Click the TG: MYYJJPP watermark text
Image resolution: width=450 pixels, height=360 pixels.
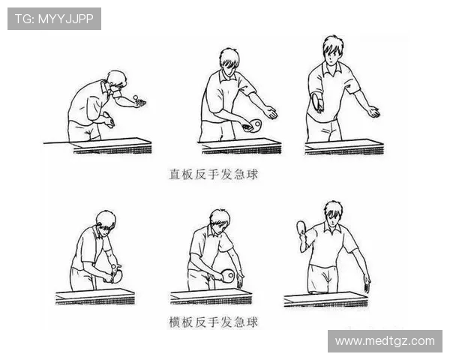pyautogui.click(x=54, y=19)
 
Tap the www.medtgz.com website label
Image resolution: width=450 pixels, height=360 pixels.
pyautogui.click(x=385, y=341)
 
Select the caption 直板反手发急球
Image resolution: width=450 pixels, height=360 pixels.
pyautogui.click(x=214, y=174)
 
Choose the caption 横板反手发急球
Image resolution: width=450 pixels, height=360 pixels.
pyautogui.click(x=214, y=322)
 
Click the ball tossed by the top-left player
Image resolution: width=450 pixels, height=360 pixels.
pyautogui.click(x=136, y=97)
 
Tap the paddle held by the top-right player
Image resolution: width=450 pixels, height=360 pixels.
pyautogui.click(x=317, y=103)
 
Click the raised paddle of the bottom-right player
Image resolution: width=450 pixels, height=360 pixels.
pyautogui.click(x=301, y=227)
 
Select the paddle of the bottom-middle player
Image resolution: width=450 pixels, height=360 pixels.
pyautogui.click(x=227, y=275)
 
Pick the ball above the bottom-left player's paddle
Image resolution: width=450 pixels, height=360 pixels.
pyautogui.click(x=114, y=266)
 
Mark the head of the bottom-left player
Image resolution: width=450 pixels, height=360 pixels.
pyautogui.click(x=106, y=220)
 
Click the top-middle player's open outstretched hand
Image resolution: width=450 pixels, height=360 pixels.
pyautogui.click(x=270, y=112)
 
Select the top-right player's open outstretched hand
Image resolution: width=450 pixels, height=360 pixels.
pyautogui.click(x=374, y=112)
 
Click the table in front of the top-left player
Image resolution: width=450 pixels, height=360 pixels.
pyautogui.click(x=112, y=146)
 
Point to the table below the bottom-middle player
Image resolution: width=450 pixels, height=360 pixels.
pyautogui.click(x=211, y=296)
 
